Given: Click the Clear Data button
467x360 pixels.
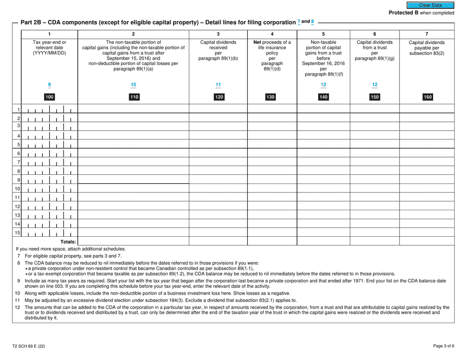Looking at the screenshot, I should pyautogui.click(x=440, y=5).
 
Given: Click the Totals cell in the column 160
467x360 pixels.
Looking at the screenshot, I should pyautogui.click(x=427, y=241).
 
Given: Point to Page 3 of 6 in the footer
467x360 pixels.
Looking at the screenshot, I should pyautogui.click(x=444, y=346).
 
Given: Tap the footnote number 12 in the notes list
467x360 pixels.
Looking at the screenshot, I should pyautogui.click(x=18, y=307).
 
